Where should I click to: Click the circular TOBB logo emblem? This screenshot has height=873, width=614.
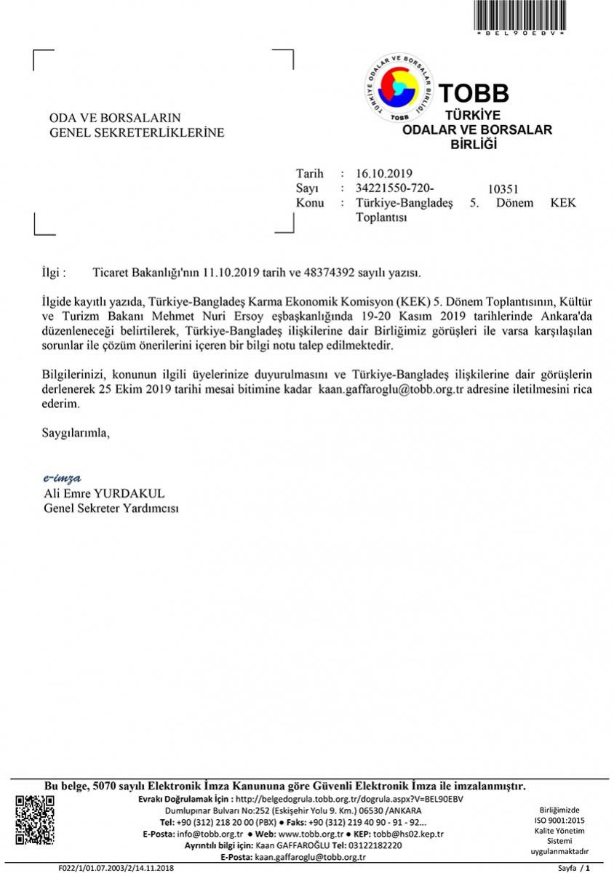pyautogui.click(x=398, y=88)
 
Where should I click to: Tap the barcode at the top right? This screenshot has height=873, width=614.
pyautogui.click(x=519, y=15)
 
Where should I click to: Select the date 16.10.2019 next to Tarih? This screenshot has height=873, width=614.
pyautogui.click(x=384, y=174)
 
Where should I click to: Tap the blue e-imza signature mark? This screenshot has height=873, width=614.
pyautogui.click(x=62, y=478)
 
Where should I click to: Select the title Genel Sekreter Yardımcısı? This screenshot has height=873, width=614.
pyautogui.click(x=111, y=509)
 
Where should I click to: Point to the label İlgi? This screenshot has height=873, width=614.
pyautogui.click(x=54, y=273)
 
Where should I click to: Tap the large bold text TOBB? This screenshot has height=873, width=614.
pyautogui.click(x=474, y=93)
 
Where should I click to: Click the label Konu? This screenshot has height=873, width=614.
pyautogui.click(x=310, y=203)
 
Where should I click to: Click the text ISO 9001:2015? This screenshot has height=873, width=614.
pyautogui.click(x=559, y=820)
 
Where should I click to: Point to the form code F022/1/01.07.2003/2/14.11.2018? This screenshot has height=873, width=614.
pyautogui.click(x=116, y=868)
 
